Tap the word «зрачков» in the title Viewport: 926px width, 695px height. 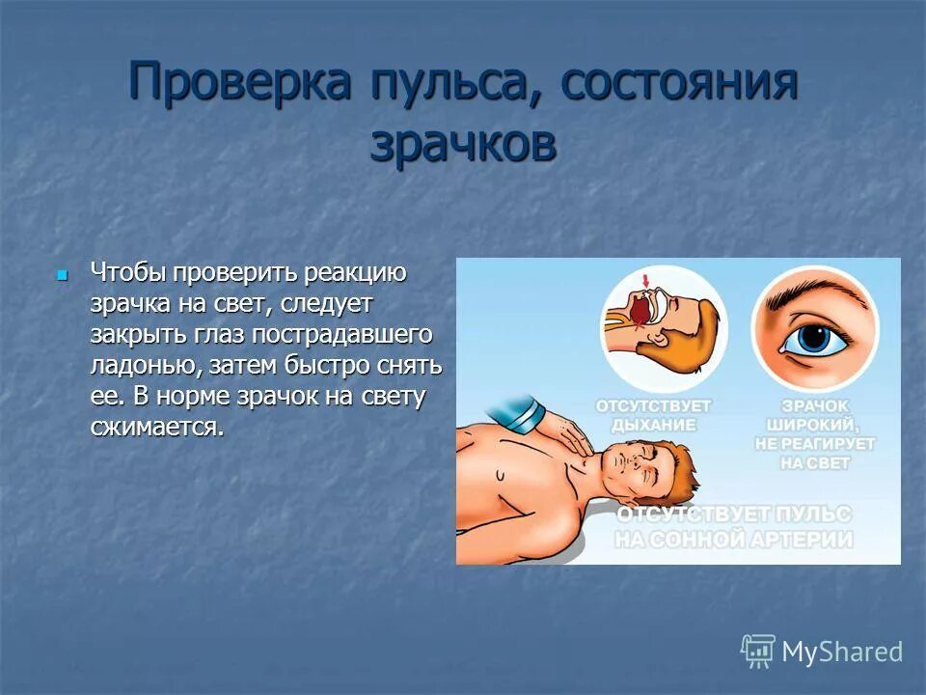[x=463, y=146]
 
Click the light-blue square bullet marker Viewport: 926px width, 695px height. [x=63, y=275]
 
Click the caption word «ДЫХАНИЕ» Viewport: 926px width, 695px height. [x=653, y=423]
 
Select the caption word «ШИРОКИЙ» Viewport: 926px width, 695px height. [x=815, y=423]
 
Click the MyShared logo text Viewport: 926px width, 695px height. [x=841, y=652]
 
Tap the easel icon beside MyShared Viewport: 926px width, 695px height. [x=758, y=652]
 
